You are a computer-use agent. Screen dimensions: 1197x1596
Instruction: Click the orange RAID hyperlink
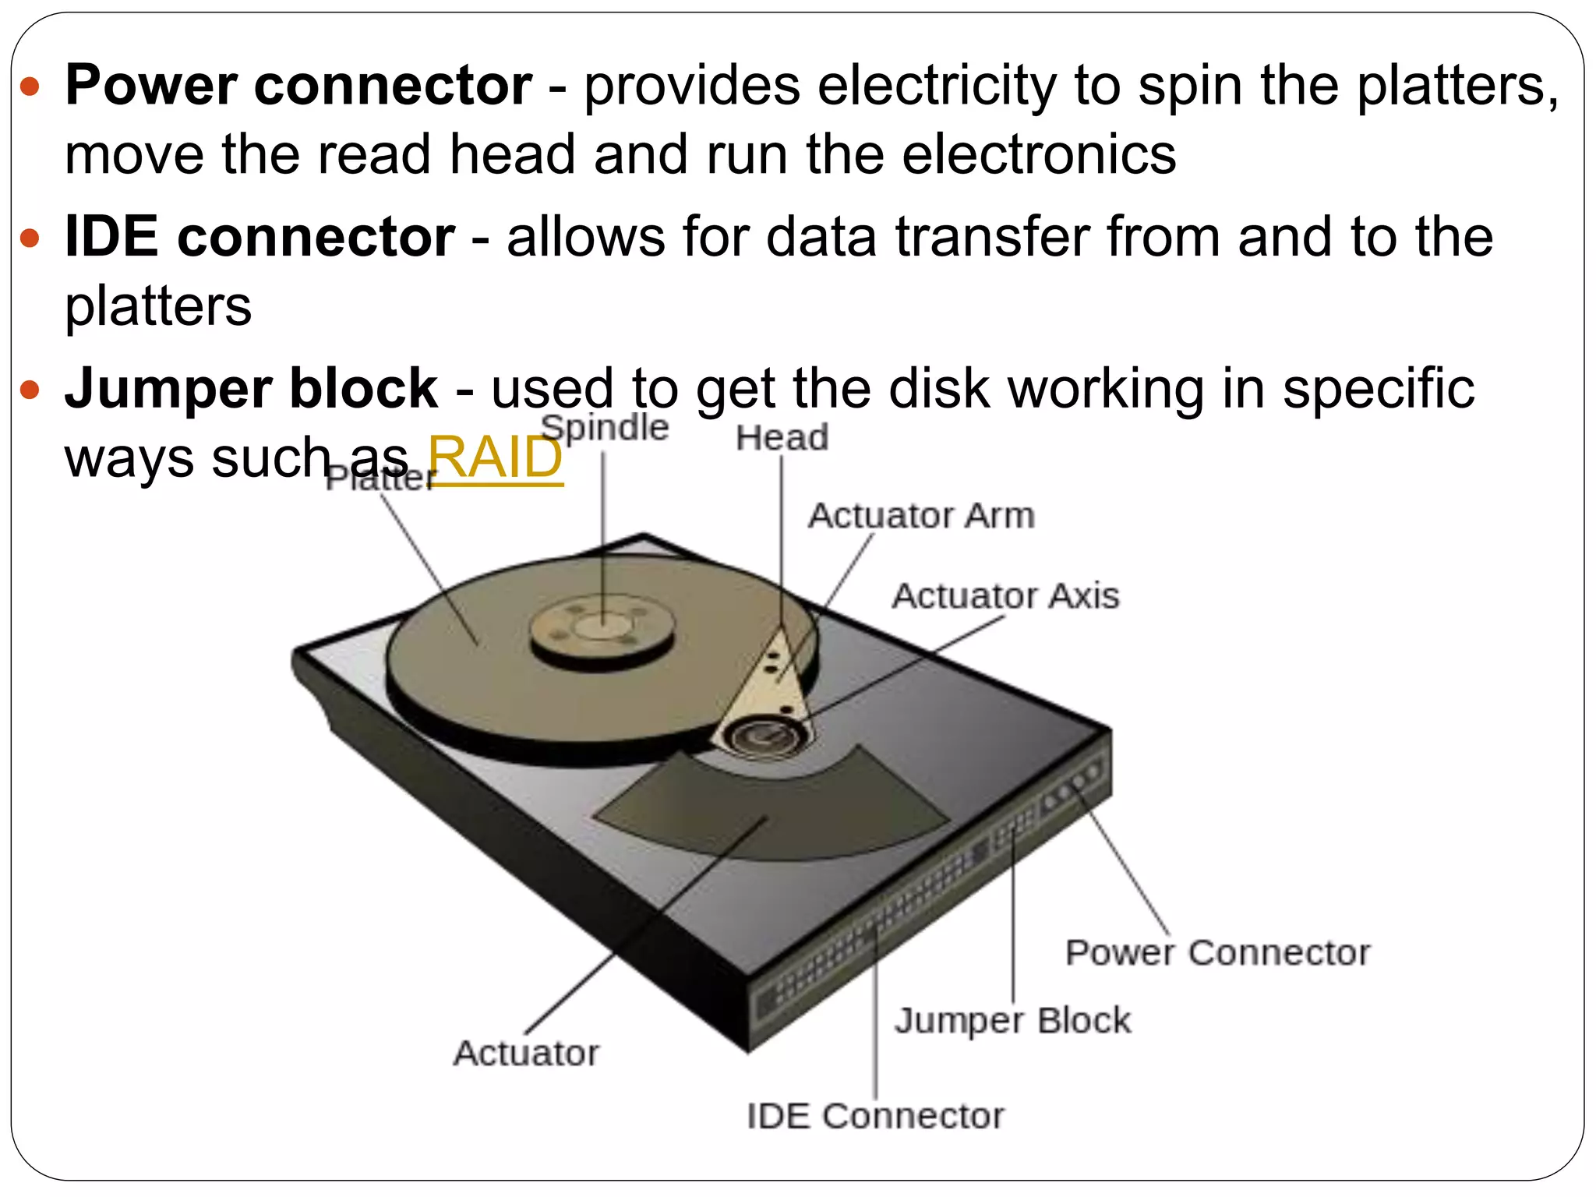tap(495, 458)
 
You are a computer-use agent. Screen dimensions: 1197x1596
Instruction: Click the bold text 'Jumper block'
tap(251, 388)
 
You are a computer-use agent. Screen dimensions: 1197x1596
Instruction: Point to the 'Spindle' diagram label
tap(605, 428)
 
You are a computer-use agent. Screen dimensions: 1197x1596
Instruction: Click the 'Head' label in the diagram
tap(782, 438)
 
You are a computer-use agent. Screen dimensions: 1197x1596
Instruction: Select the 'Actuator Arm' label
tap(921, 516)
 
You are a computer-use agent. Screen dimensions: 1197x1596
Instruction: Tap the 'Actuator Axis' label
tap(1005, 596)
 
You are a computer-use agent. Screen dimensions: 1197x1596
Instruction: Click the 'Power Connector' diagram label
tap(1217, 952)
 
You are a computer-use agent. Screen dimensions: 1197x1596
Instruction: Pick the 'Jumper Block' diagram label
tap(1012, 1020)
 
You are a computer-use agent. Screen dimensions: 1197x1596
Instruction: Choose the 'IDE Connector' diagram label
tap(875, 1116)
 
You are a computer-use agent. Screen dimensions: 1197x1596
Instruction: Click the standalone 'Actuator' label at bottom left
tap(526, 1053)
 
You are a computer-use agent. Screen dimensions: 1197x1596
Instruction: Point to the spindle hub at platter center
tap(602, 627)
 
